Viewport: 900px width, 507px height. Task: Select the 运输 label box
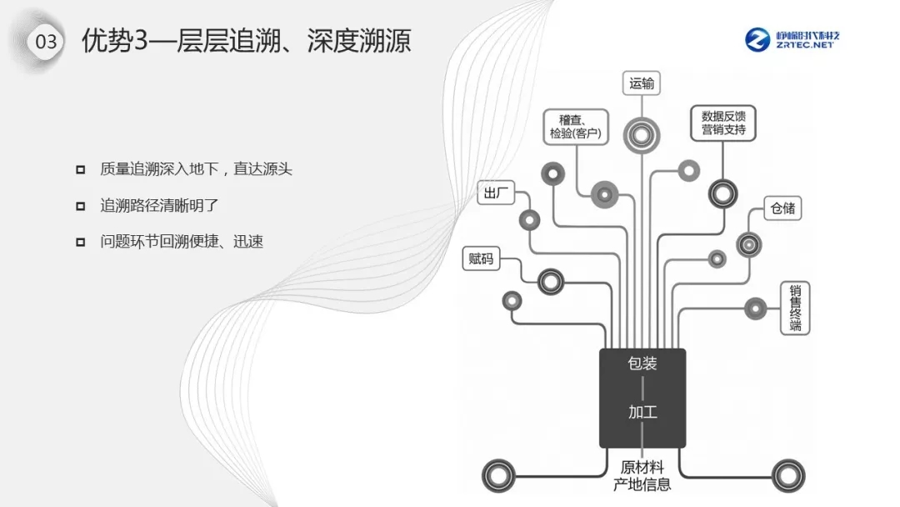(642, 83)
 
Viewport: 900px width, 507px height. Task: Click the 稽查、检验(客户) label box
(575, 125)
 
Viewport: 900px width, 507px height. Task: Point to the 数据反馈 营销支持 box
(722, 123)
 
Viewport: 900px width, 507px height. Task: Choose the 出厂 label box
(492, 193)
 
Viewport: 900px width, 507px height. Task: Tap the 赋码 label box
(481, 259)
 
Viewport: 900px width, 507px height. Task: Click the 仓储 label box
(782, 208)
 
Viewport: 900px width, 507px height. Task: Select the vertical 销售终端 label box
(795, 309)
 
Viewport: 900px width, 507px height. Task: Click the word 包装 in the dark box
(642, 364)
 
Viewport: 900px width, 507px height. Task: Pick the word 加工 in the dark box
(642, 412)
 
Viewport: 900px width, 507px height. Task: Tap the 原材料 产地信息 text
(642, 475)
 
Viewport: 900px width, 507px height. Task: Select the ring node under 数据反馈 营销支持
(722, 193)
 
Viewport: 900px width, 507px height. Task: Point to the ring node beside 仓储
(748, 244)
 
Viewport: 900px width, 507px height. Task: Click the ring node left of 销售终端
(755, 308)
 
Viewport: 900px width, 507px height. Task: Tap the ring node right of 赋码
(550, 282)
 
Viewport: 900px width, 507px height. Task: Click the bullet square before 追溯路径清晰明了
(81, 205)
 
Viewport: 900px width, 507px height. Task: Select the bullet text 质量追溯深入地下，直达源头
(196, 168)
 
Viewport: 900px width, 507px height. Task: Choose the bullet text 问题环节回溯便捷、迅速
(182, 242)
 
